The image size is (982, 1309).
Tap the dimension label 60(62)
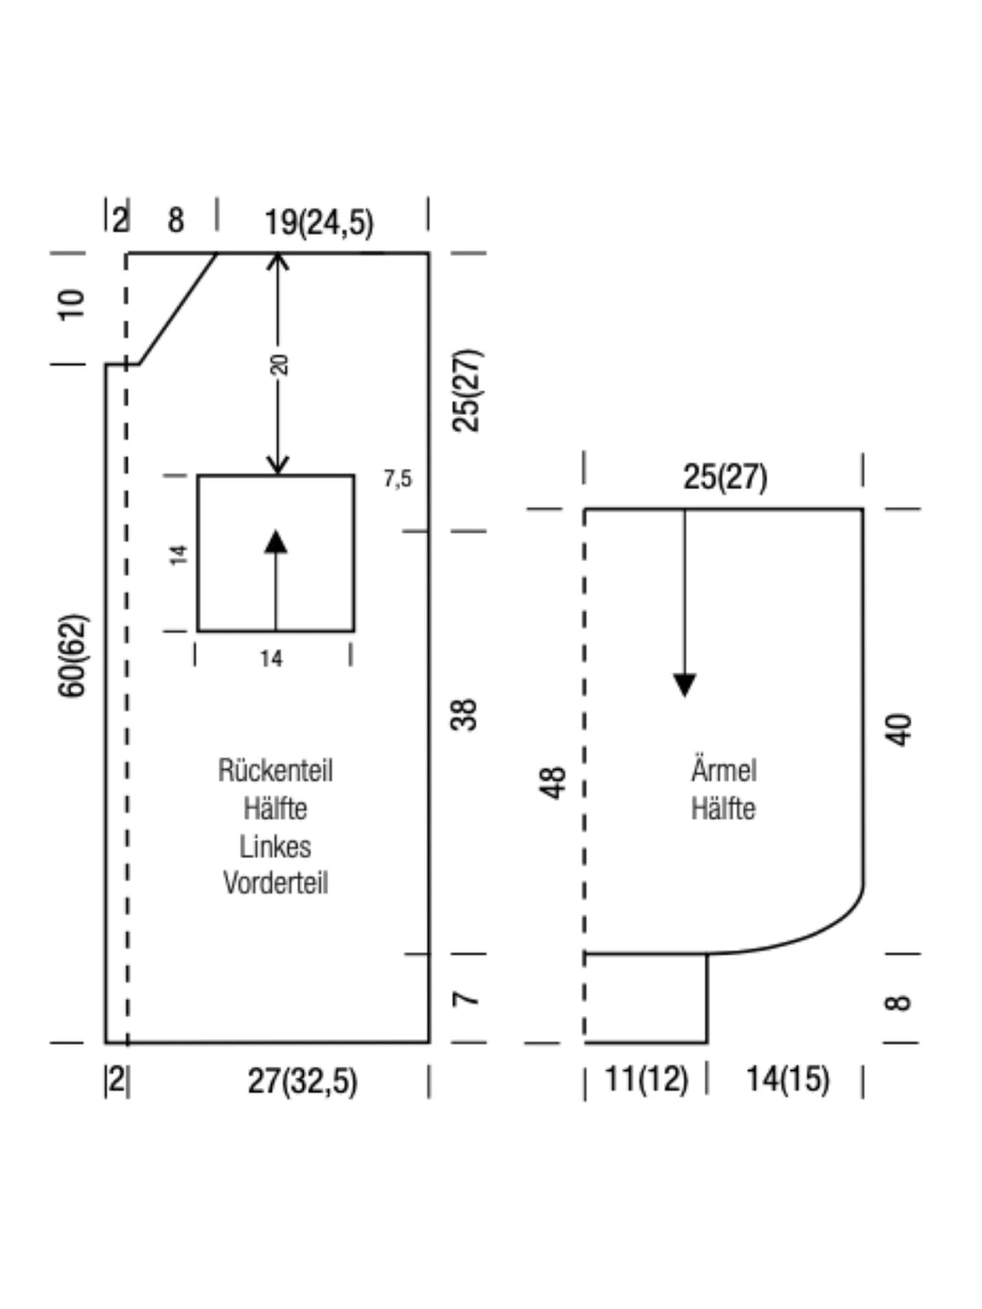74,655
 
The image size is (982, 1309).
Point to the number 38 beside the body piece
464,714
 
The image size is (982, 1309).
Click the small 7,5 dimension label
397,478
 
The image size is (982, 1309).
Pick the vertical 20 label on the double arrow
279,365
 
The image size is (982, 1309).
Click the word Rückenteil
276,771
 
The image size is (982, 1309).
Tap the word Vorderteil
276,883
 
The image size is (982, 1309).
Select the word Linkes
276,846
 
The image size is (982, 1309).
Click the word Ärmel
724,769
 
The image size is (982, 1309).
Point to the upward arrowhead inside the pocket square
276,542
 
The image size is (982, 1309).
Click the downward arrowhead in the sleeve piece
685,685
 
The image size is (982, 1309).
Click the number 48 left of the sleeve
553,783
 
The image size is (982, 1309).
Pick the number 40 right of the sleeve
898,729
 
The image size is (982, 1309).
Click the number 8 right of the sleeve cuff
898,1003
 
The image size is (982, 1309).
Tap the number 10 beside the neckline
72,305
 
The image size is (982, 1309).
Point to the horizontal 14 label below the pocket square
271,658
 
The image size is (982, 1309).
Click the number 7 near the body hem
465,999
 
